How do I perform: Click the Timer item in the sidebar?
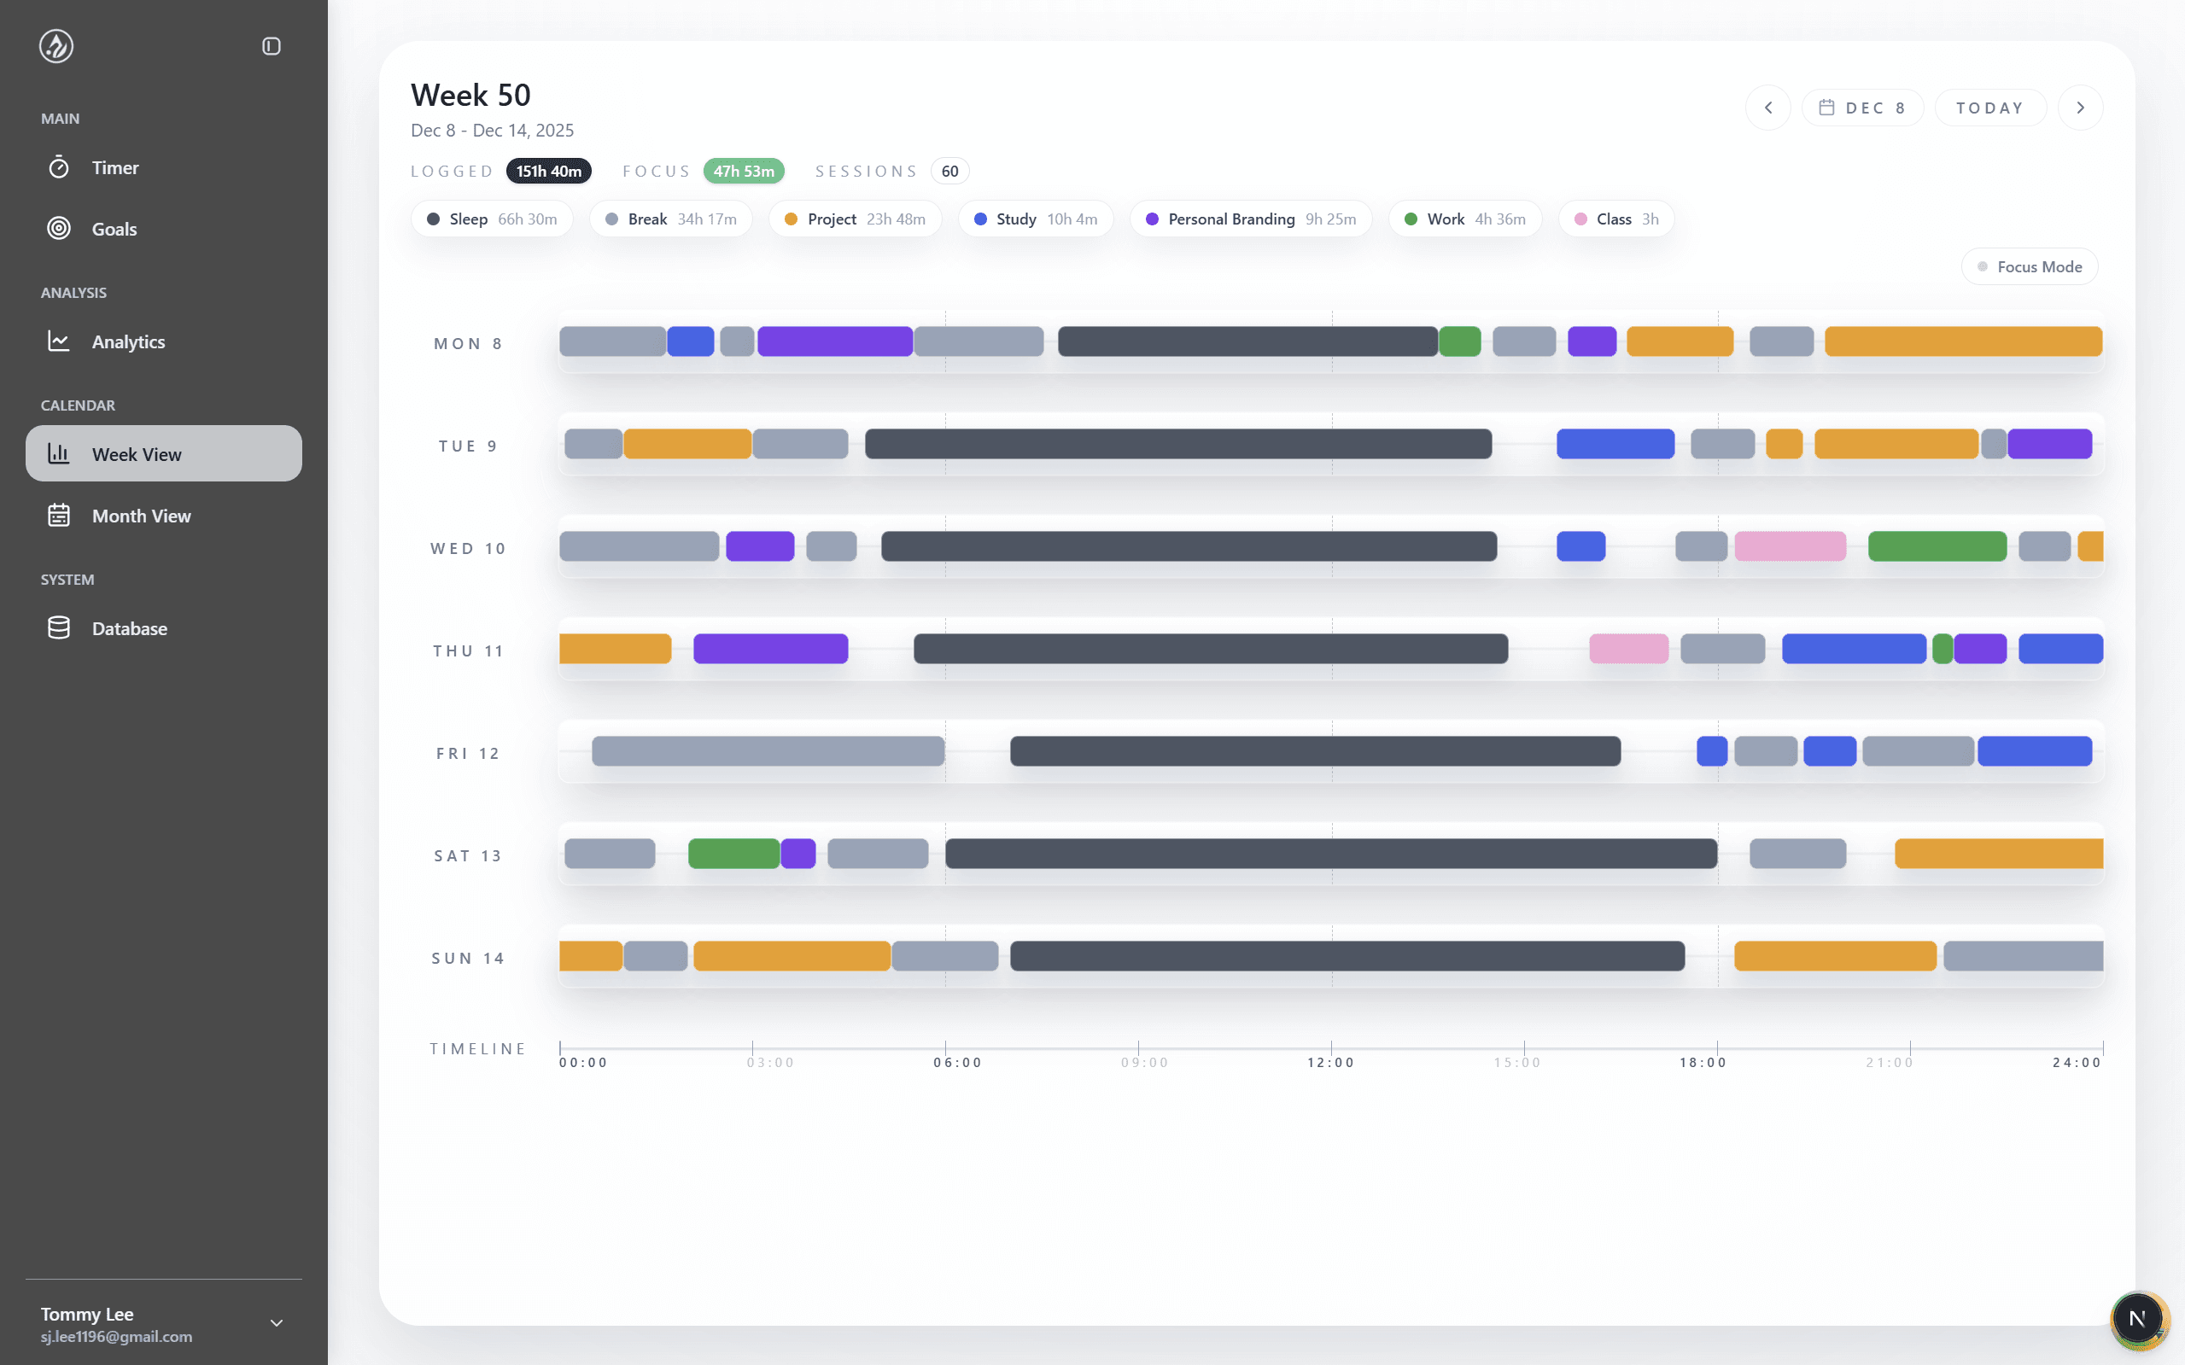click(x=114, y=168)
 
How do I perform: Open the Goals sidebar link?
click(x=114, y=230)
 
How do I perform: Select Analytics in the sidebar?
click(x=127, y=342)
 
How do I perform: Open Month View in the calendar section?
click(x=141, y=516)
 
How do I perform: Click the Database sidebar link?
click(x=129, y=629)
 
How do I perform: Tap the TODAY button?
click(x=1989, y=108)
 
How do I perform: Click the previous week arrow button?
click(x=1767, y=108)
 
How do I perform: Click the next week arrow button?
click(x=2080, y=108)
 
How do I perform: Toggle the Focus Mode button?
click(x=2029, y=267)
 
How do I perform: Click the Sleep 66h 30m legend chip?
click(x=492, y=219)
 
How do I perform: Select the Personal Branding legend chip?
click(x=1251, y=219)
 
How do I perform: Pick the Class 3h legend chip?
click(x=1615, y=219)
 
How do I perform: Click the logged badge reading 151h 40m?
click(x=548, y=172)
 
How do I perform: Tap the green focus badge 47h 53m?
click(x=743, y=172)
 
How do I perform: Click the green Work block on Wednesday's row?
click(x=1937, y=547)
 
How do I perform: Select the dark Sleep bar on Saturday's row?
click(x=1331, y=854)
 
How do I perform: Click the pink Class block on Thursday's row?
click(x=1629, y=649)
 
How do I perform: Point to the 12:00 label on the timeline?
click(x=1331, y=1063)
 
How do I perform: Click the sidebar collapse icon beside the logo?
click(x=271, y=46)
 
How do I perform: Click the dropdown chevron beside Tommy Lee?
click(x=277, y=1323)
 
